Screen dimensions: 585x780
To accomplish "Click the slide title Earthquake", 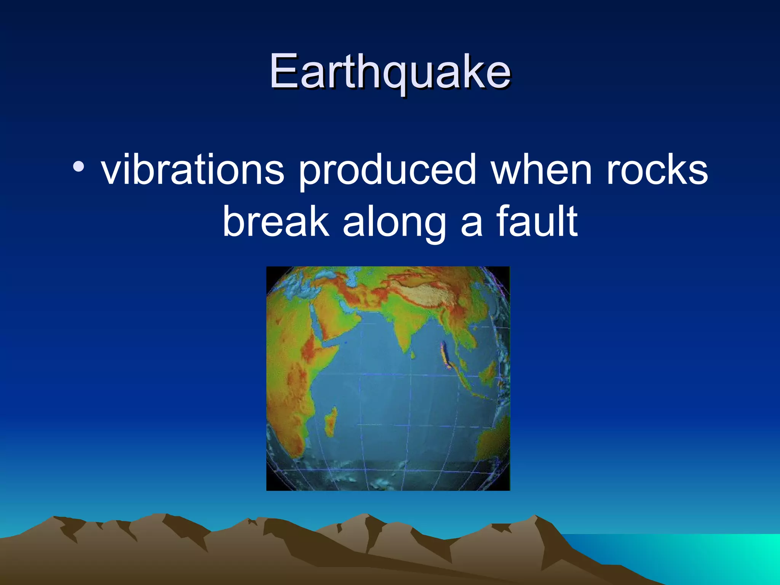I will coord(390,72).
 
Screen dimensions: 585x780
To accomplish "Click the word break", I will coord(275,222).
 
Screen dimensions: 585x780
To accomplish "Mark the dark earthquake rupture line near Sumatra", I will coord(445,354).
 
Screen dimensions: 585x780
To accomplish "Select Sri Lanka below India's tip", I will coord(412,355).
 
